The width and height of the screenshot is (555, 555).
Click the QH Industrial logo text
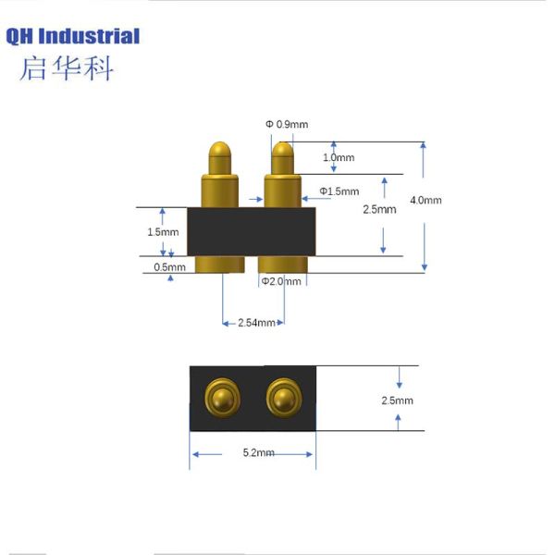pos(73,37)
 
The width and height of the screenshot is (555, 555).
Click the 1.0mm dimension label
pos(338,158)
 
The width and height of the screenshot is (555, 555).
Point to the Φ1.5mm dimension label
pos(339,191)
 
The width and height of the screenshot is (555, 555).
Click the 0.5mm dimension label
pos(169,267)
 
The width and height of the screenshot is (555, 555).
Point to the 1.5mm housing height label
pos(163,232)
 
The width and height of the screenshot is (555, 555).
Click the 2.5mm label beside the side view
pos(380,209)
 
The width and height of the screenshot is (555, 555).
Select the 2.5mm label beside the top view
pos(397,401)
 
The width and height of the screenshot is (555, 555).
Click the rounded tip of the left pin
pos(220,150)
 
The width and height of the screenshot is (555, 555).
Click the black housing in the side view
pos(252,231)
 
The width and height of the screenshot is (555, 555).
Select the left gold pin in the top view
pos(221,399)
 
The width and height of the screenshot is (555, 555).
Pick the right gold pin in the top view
pos(282,399)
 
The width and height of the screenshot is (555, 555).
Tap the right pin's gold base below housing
pos(280,265)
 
